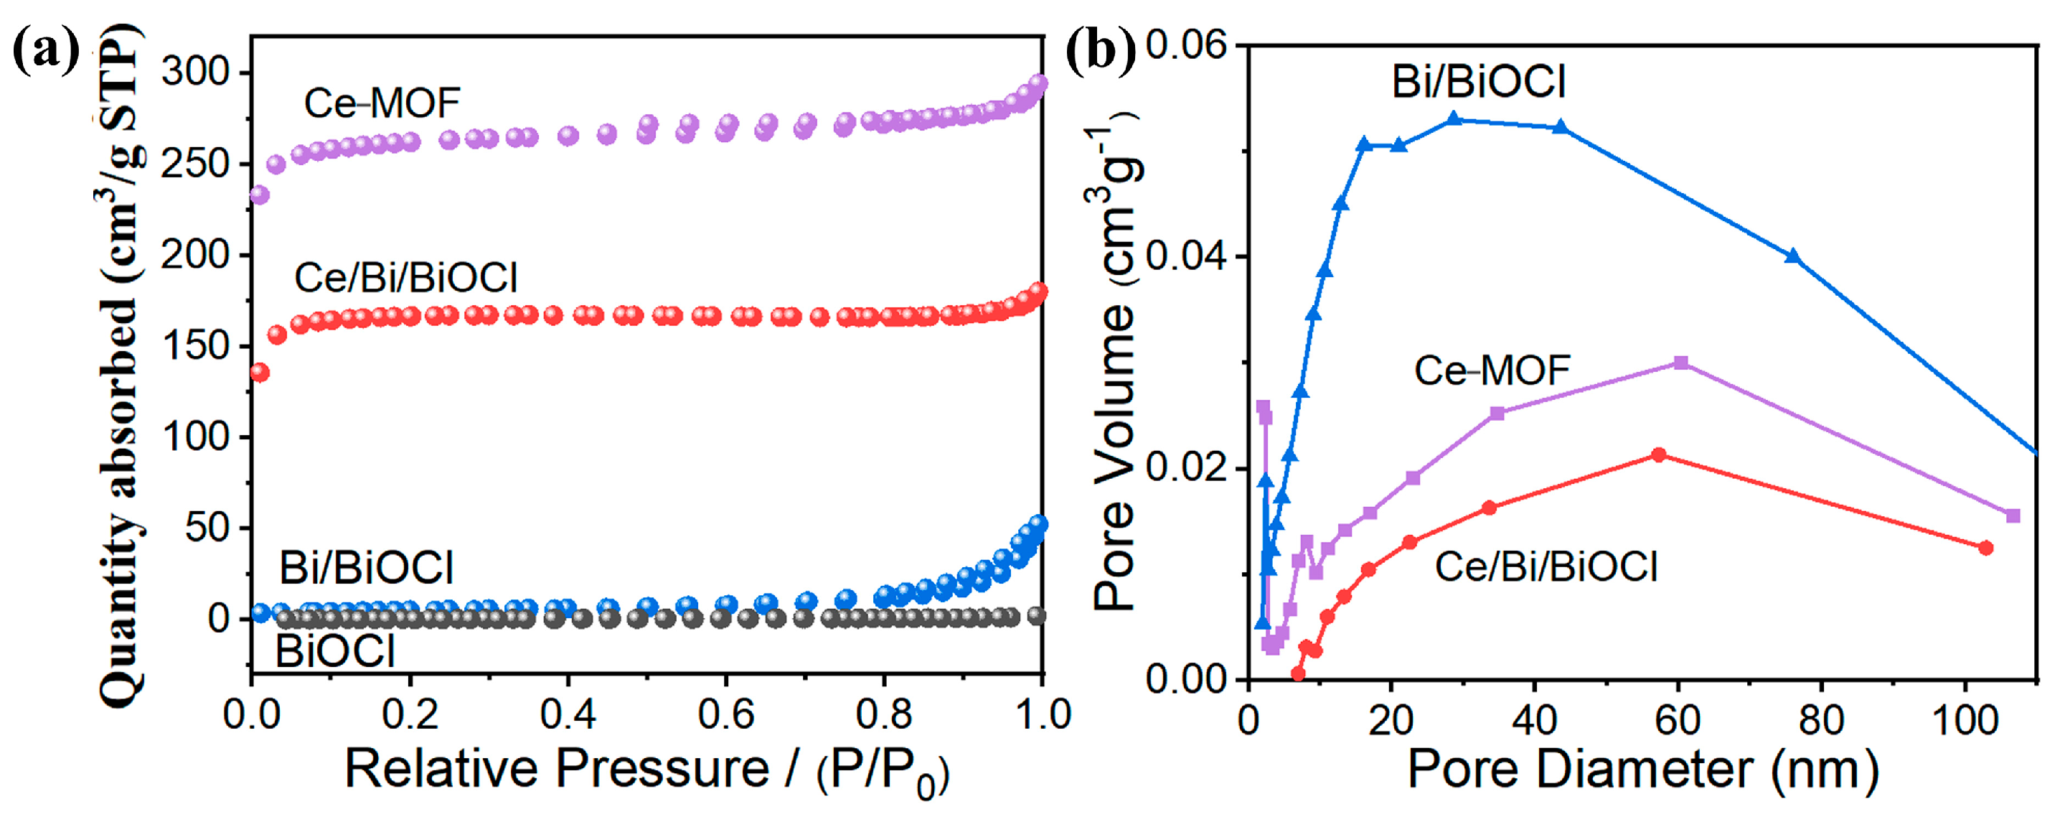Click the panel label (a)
pyautogui.click(x=46, y=50)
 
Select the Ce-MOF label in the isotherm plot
pyautogui.click(x=382, y=103)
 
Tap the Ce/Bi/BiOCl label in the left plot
pyautogui.click(x=405, y=277)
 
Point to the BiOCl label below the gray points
pyautogui.click(x=335, y=650)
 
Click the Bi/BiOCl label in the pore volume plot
pyautogui.click(x=1478, y=81)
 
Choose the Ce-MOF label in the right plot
pyautogui.click(x=1492, y=370)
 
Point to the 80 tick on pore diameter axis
pyautogui.click(x=1821, y=720)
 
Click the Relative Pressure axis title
pyautogui.click(x=646, y=770)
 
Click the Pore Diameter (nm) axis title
pyautogui.click(x=1642, y=770)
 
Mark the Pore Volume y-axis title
pyautogui.click(x=1116, y=369)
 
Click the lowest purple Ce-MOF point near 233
pyautogui.click(x=260, y=195)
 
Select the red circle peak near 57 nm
pyautogui.click(x=1660, y=454)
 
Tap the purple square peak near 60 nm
pyautogui.click(x=1682, y=363)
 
